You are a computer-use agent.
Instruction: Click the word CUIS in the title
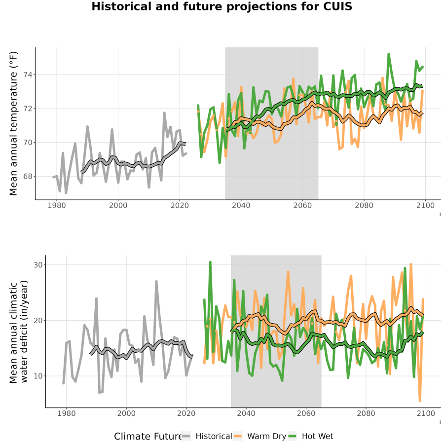tap(337, 6)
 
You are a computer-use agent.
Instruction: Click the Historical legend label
tap(214, 436)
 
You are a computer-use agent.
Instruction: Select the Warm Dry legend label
tap(267, 436)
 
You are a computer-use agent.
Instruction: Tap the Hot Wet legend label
tap(317, 436)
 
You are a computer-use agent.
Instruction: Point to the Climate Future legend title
tap(148, 436)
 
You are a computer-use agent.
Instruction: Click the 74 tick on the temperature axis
tap(28, 75)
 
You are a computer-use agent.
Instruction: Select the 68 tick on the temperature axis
tap(28, 176)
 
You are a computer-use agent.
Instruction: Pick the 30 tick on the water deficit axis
tap(38, 265)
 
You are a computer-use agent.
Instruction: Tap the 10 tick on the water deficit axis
tap(38, 376)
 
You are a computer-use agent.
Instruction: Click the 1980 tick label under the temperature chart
tap(57, 205)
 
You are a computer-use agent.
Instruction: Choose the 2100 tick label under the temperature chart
tap(425, 205)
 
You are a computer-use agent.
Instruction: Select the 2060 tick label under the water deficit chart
tap(306, 413)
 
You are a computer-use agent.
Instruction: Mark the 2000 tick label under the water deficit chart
tap(126, 413)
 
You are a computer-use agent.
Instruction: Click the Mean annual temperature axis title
tap(13, 123)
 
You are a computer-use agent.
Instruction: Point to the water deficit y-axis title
tap(19, 332)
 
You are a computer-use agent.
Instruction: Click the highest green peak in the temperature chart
tap(389, 54)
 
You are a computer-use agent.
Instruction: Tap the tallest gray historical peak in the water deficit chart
tap(156, 281)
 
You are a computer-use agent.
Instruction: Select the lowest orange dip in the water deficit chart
tap(420, 401)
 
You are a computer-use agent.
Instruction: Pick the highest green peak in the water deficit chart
tap(210, 262)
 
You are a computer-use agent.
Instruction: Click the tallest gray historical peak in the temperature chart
tap(164, 112)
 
